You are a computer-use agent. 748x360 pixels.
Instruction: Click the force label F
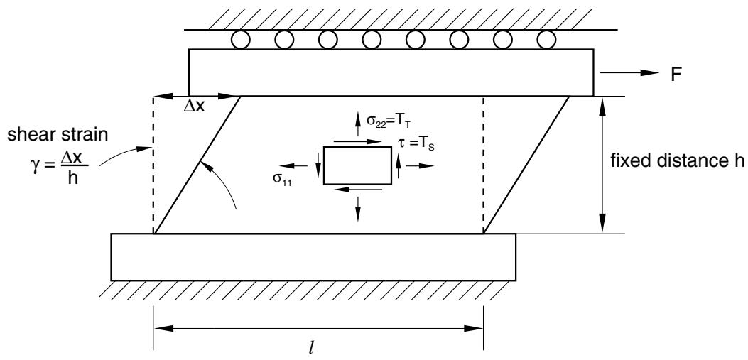tap(676, 75)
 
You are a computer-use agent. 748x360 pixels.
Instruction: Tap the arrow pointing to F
tap(629, 72)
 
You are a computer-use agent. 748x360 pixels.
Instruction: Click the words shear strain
tap(58, 135)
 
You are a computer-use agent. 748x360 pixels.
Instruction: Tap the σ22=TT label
tap(386, 121)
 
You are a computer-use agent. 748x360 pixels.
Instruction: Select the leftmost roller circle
tap(240, 40)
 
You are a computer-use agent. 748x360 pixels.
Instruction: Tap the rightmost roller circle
tap(546, 40)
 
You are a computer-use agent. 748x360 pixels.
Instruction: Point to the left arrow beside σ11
tap(293, 166)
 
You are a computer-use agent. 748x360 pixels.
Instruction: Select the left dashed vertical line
tap(153, 165)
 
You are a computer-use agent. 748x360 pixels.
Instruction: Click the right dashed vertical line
tap(484, 165)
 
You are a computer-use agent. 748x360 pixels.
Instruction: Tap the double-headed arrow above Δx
tap(196, 97)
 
